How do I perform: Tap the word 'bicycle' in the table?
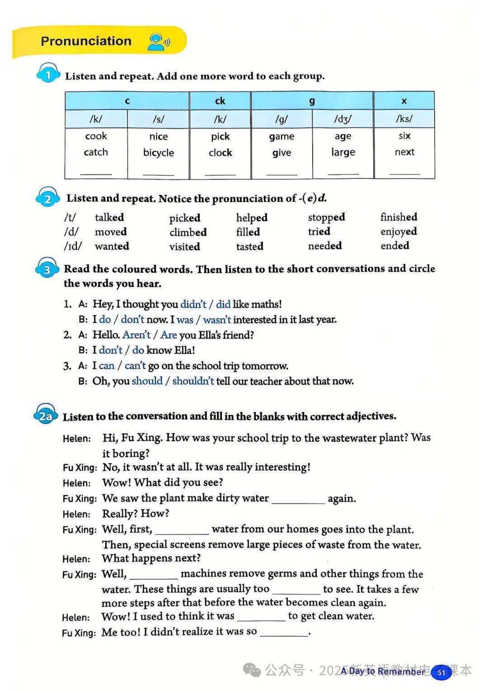[x=158, y=153]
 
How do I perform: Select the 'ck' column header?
[x=220, y=101]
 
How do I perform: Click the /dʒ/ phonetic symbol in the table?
[x=343, y=119]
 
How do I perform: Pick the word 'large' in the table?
[x=343, y=152]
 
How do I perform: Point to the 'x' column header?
[x=404, y=101]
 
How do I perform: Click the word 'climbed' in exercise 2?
[x=188, y=232]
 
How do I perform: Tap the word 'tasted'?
[x=249, y=246]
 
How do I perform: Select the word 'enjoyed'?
[x=399, y=232]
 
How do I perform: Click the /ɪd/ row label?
[x=73, y=246]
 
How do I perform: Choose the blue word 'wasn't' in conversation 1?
[x=217, y=320]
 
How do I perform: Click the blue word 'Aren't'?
[x=136, y=335]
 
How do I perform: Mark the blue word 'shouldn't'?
[x=193, y=381]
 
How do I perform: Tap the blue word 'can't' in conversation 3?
[x=135, y=366]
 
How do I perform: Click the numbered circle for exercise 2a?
[x=46, y=416]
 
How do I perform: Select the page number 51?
[x=441, y=672]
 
